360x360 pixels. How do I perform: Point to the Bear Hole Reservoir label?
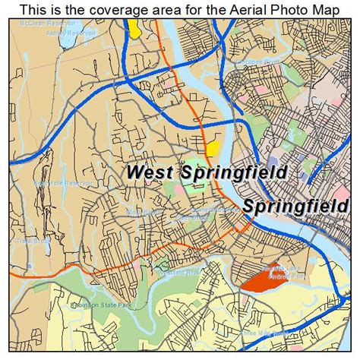(x=57, y=183)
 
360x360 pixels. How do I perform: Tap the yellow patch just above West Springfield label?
(x=213, y=147)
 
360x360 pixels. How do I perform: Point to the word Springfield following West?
(x=233, y=172)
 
